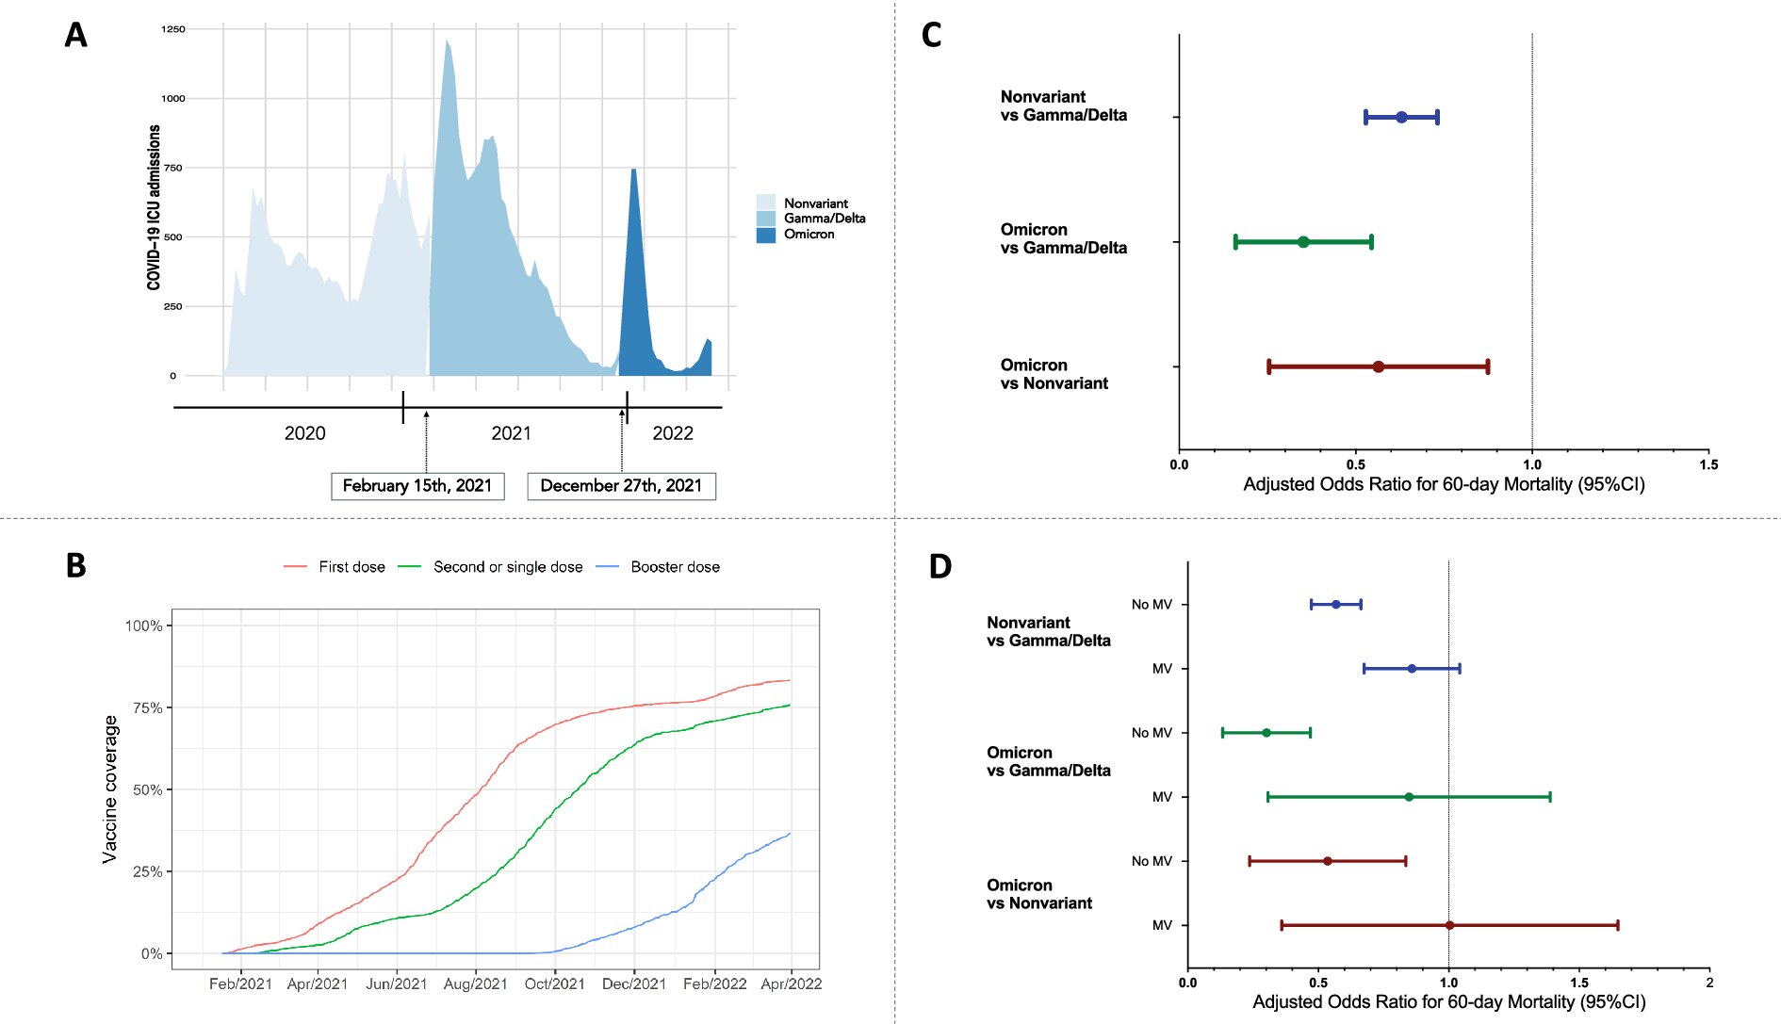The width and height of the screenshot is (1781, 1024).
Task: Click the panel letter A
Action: point(75,36)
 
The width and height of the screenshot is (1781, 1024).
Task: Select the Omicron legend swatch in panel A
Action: point(765,235)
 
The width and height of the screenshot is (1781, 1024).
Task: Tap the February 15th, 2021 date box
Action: point(417,486)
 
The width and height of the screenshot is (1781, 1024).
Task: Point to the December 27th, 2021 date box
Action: point(621,486)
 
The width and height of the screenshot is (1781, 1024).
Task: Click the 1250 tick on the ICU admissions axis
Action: point(173,29)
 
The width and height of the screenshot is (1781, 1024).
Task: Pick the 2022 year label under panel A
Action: point(673,433)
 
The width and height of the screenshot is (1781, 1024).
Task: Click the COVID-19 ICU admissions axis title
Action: point(155,207)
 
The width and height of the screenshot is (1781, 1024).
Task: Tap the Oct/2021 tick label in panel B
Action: point(555,984)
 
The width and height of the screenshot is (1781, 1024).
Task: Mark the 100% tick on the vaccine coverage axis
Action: point(144,626)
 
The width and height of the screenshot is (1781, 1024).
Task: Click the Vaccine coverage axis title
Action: point(110,788)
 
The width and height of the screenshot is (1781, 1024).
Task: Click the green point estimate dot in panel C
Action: point(1303,242)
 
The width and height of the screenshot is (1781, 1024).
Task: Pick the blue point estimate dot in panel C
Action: point(1401,118)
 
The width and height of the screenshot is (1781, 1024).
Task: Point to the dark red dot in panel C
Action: point(1378,366)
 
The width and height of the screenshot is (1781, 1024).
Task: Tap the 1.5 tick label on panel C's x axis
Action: point(1708,464)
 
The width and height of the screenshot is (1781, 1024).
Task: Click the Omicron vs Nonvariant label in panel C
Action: point(1054,374)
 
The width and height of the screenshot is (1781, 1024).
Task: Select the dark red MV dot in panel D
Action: point(1449,925)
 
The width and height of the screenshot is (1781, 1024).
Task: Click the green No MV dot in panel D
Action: point(1266,733)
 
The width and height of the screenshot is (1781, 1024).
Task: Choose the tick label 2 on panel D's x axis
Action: point(1709,983)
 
